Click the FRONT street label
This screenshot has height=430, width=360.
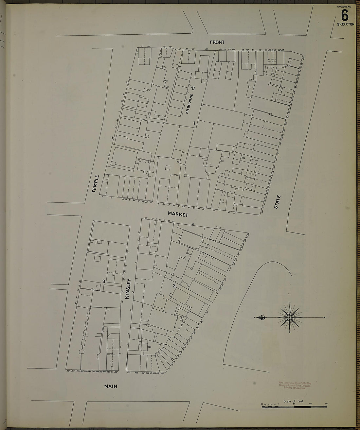(217, 42)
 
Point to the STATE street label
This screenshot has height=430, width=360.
(278, 202)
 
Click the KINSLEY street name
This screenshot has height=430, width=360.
(128, 289)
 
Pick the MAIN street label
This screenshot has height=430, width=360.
(111, 386)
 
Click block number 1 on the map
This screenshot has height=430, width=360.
(194, 123)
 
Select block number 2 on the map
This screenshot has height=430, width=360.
(174, 286)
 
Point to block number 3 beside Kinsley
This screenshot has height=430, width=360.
(103, 281)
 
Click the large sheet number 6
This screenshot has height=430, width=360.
(344, 15)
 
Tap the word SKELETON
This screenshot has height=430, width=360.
(346, 24)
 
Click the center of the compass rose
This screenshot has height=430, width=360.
(290, 318)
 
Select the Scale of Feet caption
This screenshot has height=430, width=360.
(294, 401)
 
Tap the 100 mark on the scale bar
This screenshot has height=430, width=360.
(310, 404)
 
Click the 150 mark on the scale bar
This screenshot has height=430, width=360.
(326, 404)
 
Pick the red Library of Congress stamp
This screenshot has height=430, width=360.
(295, 386)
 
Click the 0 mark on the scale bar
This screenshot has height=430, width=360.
(278, 404)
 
